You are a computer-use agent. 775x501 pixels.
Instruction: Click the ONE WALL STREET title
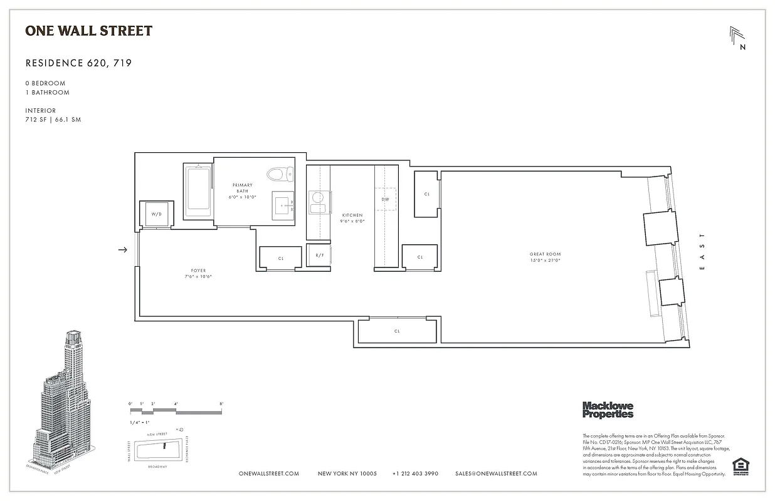(88, 31)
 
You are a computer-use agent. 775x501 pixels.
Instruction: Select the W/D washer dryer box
(156, 214)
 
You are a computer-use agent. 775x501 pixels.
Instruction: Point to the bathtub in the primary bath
(198, 190)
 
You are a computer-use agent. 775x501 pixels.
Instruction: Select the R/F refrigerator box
(319, 256)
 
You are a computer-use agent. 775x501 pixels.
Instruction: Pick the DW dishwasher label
(385, 199)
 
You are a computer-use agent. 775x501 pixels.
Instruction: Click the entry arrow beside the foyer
(123, 250)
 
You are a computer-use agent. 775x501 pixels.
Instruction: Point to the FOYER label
(198, 274)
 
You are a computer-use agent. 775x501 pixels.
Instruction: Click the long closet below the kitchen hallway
(397, 331)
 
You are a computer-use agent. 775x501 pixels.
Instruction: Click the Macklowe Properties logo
(608, 410)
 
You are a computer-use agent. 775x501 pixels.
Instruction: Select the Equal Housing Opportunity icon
(741, 467)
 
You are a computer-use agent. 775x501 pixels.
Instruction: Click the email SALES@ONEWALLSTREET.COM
(496, 474)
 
